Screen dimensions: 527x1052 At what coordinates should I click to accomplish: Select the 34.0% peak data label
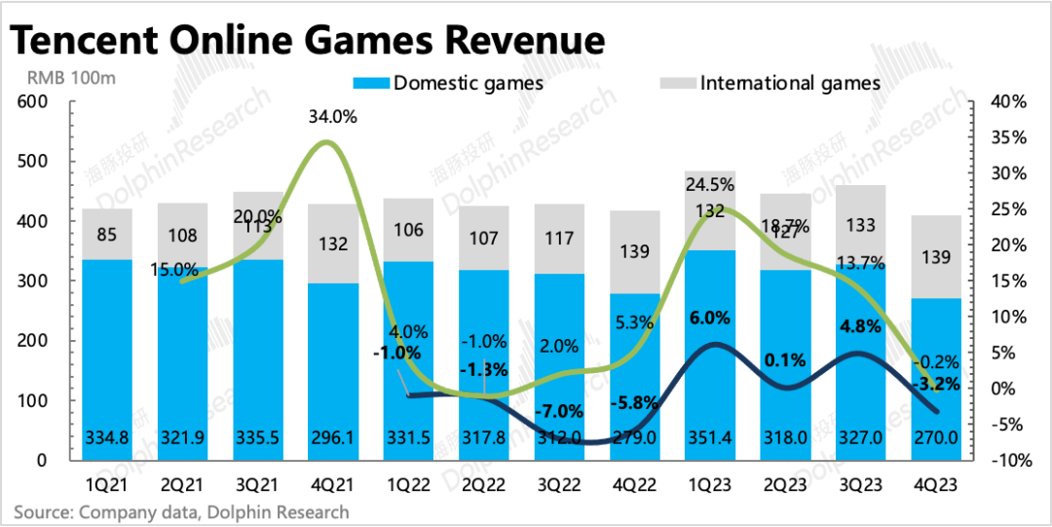(332, 118)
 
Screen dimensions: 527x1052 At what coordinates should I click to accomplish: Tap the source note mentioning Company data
(180, 511)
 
